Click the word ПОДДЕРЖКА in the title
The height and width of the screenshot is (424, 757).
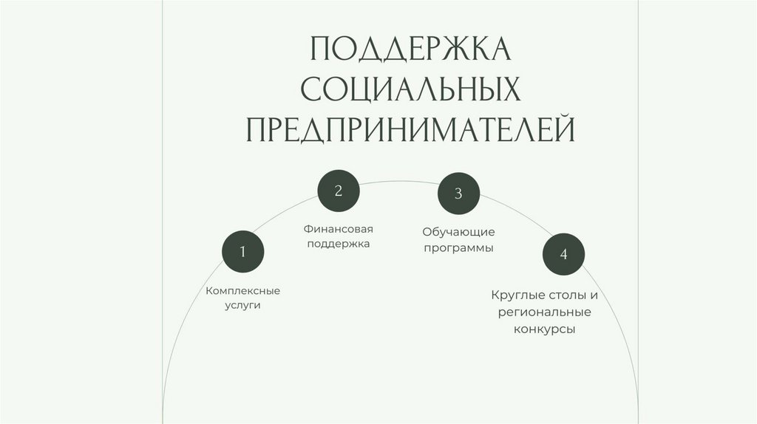point(410,49)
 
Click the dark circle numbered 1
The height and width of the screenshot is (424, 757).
point(243,253)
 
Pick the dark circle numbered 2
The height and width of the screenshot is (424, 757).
point(339,191)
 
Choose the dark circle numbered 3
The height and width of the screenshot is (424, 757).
point(458,194)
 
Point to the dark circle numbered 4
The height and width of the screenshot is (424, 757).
point(563,255)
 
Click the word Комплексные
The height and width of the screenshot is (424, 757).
point(243,291)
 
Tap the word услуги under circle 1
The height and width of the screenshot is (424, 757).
point(243,305)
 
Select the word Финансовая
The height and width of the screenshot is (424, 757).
point(339,229)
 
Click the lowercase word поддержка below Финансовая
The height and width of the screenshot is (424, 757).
point(339,243)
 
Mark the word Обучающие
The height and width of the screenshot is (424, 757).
point(458,233)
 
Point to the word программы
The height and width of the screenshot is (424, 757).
point(458,248)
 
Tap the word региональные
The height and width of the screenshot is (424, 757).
point(545,312)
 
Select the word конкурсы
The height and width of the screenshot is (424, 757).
point(545,329)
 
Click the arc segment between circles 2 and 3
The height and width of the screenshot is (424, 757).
point(398,181)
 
